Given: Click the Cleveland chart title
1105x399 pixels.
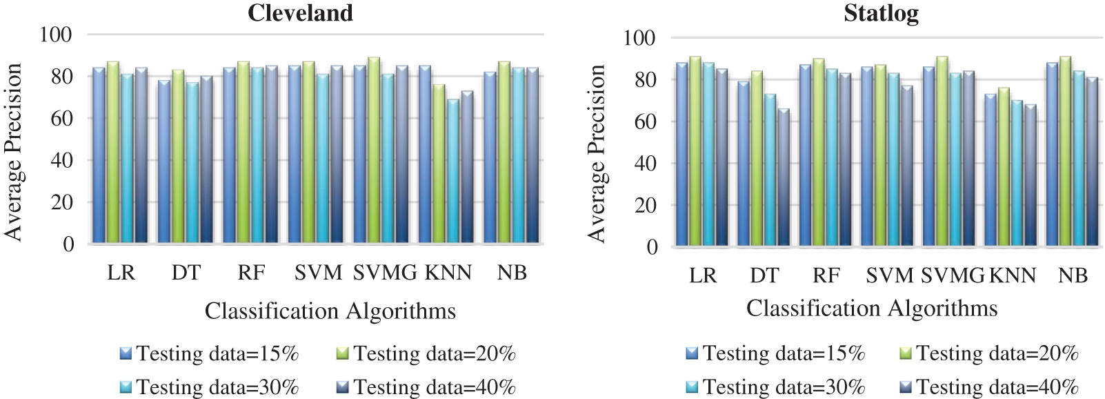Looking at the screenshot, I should click(x=300, y=13).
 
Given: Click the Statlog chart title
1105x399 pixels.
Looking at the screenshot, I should click(x=881, y=13).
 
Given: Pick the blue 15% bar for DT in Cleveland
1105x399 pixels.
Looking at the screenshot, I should click(x=164, y=162).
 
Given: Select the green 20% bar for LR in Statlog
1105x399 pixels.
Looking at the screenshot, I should click(x=695, y=151).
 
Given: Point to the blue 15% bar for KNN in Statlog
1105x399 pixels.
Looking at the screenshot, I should click(x=990, y=170).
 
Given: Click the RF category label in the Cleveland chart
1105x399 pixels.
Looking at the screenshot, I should click(x=250, y=273).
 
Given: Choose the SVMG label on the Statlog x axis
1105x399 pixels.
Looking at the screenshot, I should click(x=953, y=275).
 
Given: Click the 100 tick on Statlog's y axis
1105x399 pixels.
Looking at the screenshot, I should click(x=639, y=37).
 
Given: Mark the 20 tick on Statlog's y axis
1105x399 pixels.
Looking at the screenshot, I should click(x=646, y=205).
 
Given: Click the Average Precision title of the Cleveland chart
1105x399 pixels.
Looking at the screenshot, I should click(x=14, y=152).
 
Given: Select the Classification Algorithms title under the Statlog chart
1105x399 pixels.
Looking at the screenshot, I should click(x=872, y=308).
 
